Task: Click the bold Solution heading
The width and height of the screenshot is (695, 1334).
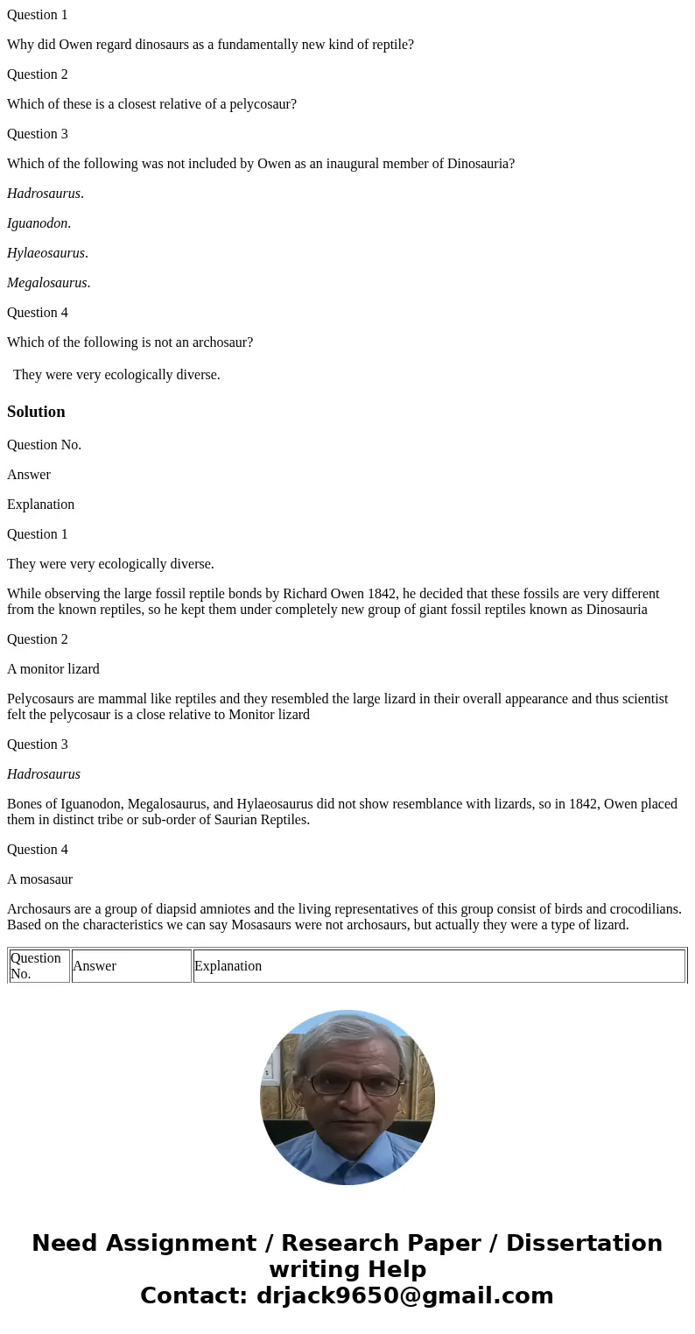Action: click(x=36, y=412)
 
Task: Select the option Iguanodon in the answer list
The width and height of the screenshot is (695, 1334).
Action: click(x=38, y=223)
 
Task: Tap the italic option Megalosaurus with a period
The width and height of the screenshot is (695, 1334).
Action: click(x=47, y=283)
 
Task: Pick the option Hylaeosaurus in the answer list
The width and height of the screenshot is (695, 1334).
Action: click(x=46, y=253)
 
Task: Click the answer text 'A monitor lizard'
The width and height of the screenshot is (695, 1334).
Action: click(x=53, y=669)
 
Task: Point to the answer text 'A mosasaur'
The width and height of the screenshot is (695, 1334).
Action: click(x=39, y=879)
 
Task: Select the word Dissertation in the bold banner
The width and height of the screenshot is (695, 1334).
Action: click(x=584, y=1244)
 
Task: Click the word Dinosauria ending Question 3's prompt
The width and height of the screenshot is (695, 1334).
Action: click(x=480, y=164)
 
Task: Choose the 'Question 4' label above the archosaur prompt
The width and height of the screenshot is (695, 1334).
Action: click(x=38, y=313)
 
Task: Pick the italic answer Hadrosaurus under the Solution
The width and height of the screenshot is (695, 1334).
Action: click(x=44, y=774)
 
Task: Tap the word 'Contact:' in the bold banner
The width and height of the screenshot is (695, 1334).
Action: click(x=194, y=1295)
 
